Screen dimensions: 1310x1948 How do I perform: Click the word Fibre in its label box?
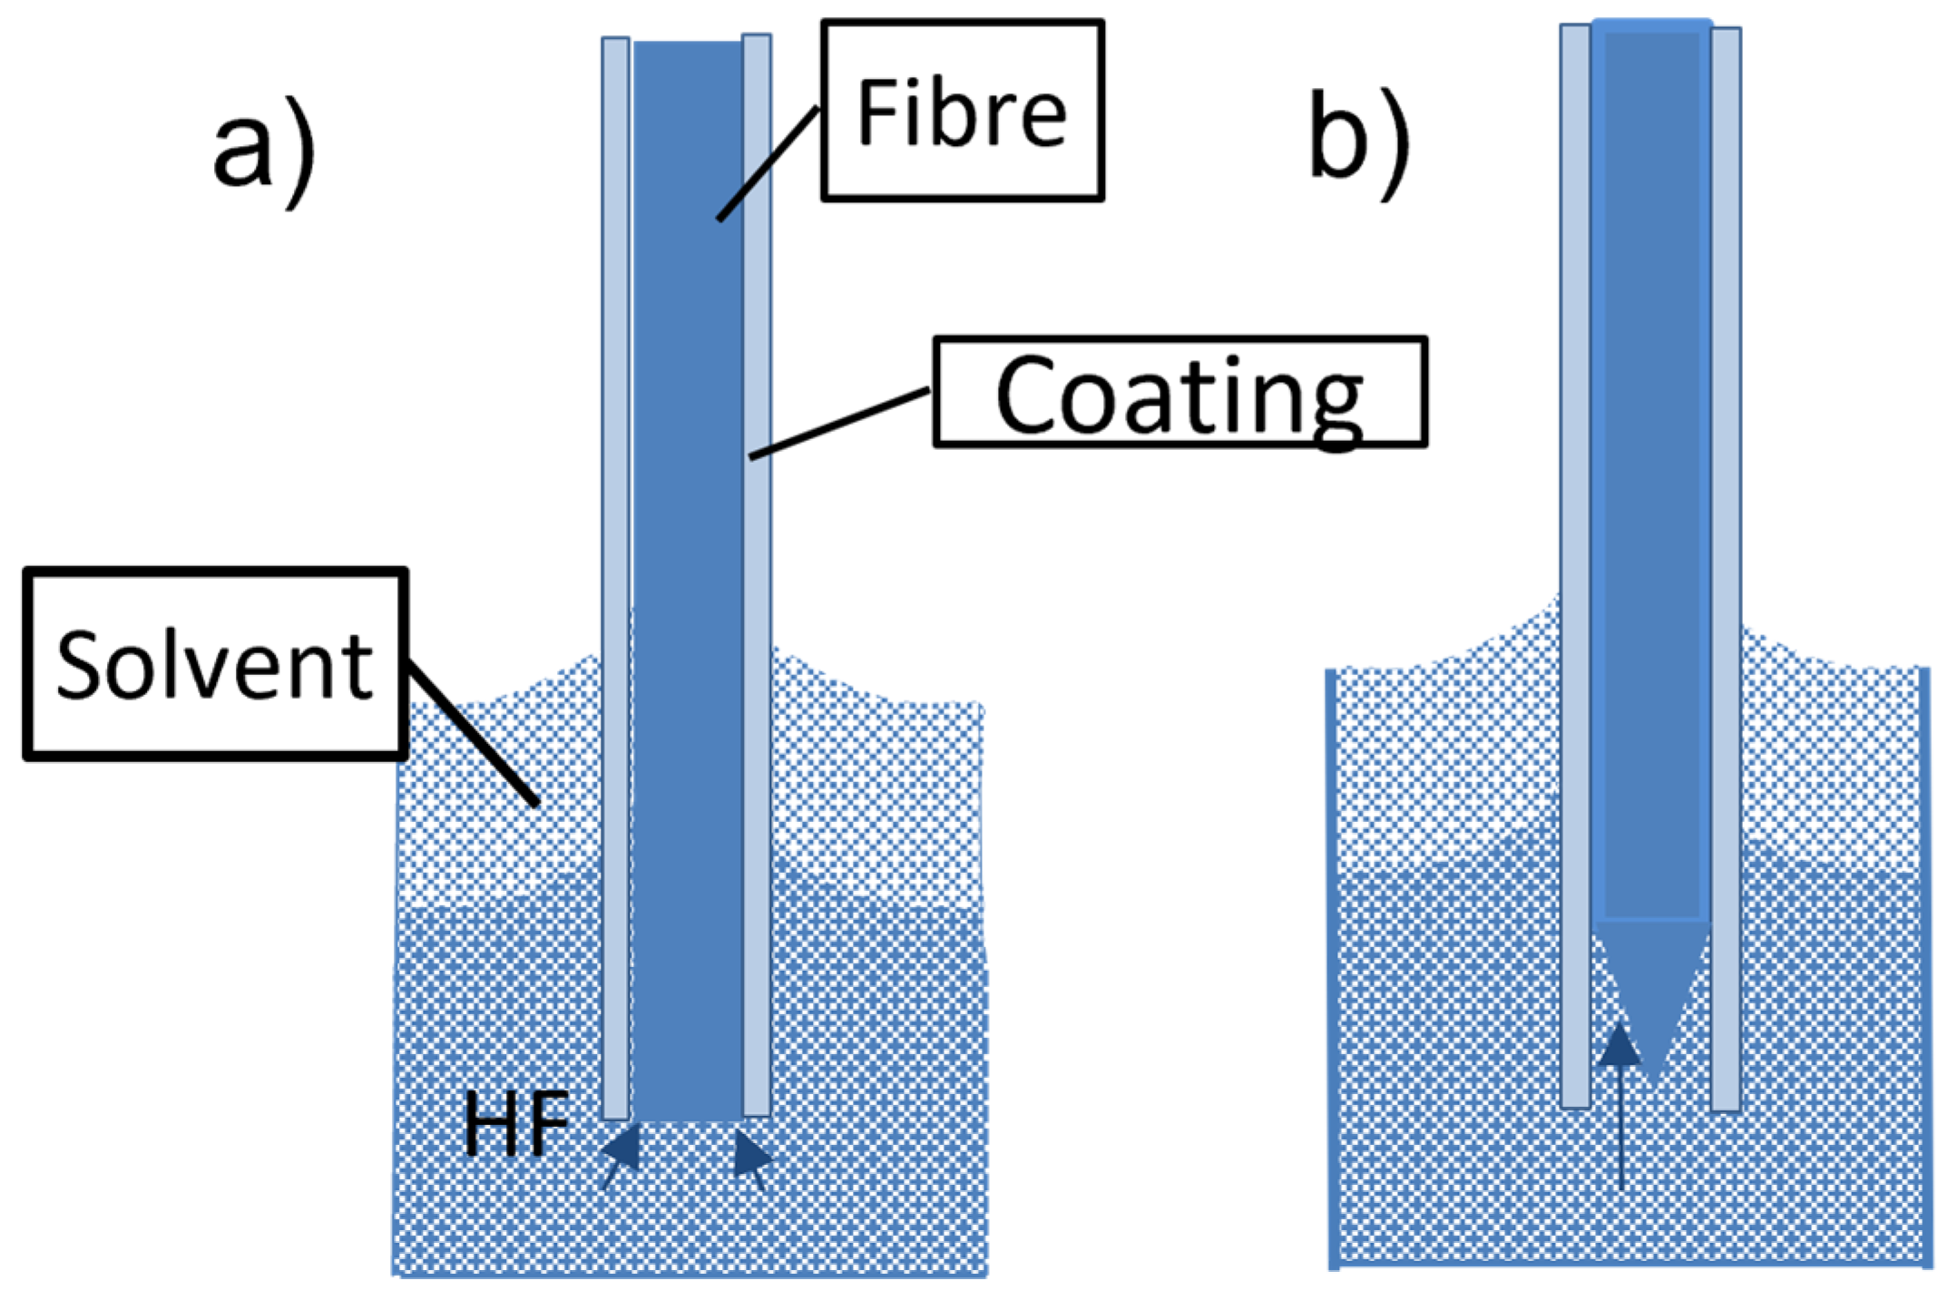(x=962, y=112)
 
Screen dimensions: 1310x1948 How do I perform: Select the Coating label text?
(x=1179, y=396)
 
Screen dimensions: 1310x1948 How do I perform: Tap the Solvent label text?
(x=214, y=665)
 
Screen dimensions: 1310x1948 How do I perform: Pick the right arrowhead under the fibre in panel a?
(x=751, y=1155)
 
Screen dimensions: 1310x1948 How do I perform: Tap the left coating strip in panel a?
(x=616, y=544)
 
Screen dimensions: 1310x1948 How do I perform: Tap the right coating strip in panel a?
(x=758, y=544)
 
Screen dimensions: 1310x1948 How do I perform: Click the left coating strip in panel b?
(x=1576, y=544)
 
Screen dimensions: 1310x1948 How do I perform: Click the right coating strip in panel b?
(x=1726, y=544)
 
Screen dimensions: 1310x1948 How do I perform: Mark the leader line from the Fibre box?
(x=768, y=164)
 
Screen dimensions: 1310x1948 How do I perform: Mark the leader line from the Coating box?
(x=839, y=423)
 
